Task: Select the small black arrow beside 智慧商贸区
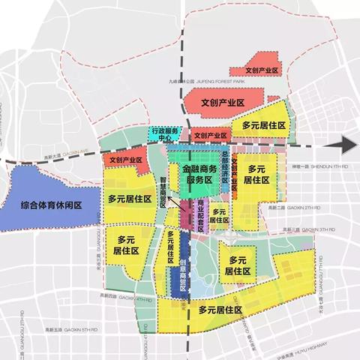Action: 172,201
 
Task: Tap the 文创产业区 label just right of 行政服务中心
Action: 209,136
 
